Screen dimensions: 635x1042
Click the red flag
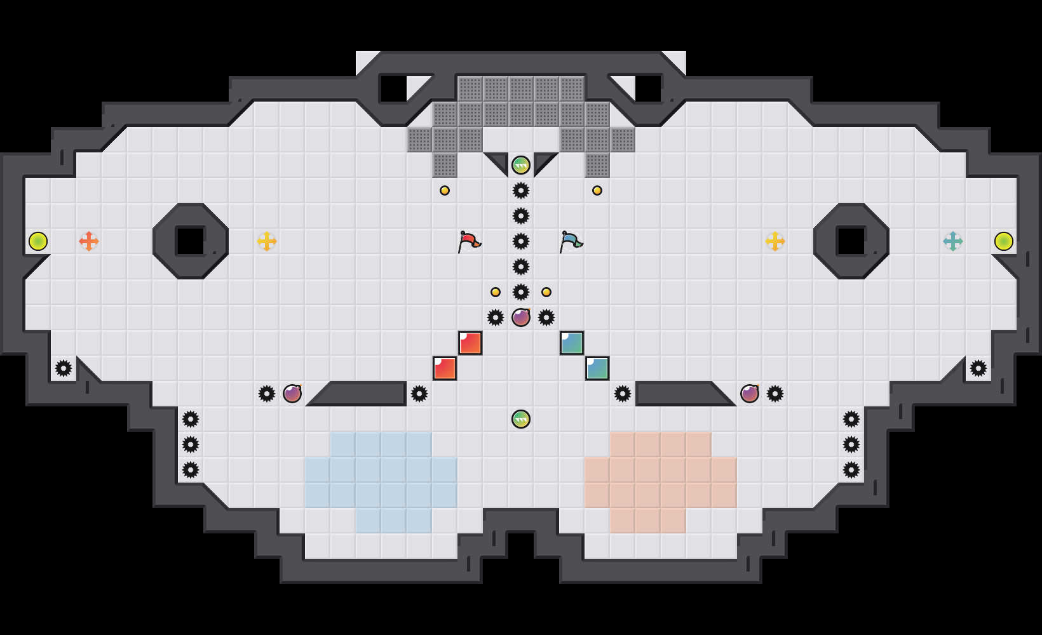coord(469,241)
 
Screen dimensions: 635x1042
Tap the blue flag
coord(571,241)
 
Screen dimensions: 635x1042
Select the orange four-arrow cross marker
coord(89,241)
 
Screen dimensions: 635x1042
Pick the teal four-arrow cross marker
coord(953,241)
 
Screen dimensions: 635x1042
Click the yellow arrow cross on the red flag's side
coord(267,241)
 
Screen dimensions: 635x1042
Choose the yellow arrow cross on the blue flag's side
coord(775,241)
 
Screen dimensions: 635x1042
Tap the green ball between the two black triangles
coord(521,165)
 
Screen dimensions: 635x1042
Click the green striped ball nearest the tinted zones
coord(521,419)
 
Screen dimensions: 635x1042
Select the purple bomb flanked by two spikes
coord(521,317)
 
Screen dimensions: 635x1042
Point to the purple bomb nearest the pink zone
coord(750,394)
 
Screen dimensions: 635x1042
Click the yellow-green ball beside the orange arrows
coord(38,241)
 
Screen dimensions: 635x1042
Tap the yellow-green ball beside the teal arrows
coord(1004,241)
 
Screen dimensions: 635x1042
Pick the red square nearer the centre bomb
coord(470,343)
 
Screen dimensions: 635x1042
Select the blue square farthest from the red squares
coord(597,368)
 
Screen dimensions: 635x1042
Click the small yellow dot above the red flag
coord(445,190)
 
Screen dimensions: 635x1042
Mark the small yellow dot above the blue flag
coord(597,190)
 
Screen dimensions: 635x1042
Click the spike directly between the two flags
coord(521,241)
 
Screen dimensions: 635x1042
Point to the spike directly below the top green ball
coord(521,190)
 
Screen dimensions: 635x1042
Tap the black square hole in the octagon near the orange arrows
coord(190,241)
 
